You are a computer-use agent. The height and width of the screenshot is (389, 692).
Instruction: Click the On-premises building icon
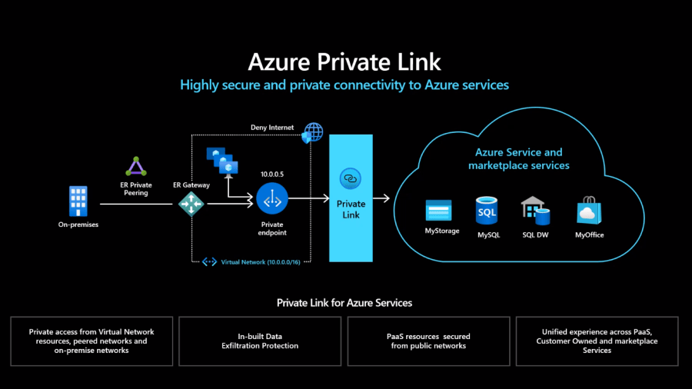point(78,201)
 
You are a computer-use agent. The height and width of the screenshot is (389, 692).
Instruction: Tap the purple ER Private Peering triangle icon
point(136,167)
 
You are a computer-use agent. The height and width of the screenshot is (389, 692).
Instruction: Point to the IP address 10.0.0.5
point(271,175)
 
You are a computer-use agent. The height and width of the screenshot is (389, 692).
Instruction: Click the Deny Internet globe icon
point(313,132)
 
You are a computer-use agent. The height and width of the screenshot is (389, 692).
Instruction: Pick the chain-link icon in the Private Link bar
point(351,178)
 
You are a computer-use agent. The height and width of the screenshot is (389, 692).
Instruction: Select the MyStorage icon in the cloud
point(441,211)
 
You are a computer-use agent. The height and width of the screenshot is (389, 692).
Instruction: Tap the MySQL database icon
point(487,211)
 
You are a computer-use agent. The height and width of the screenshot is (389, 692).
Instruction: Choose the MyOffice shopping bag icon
point(589,211)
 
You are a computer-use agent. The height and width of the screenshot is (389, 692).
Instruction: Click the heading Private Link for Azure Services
point(344,303)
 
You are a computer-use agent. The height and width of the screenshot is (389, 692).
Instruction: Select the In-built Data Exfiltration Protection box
point(260,341)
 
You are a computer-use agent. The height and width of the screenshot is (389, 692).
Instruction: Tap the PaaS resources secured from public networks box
point(428,341)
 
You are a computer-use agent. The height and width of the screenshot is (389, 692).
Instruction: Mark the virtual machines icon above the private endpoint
point(221,159)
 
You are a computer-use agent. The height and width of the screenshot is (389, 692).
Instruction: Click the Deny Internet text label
point(272,127)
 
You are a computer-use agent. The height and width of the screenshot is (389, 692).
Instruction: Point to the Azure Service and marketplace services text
point(519,159)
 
